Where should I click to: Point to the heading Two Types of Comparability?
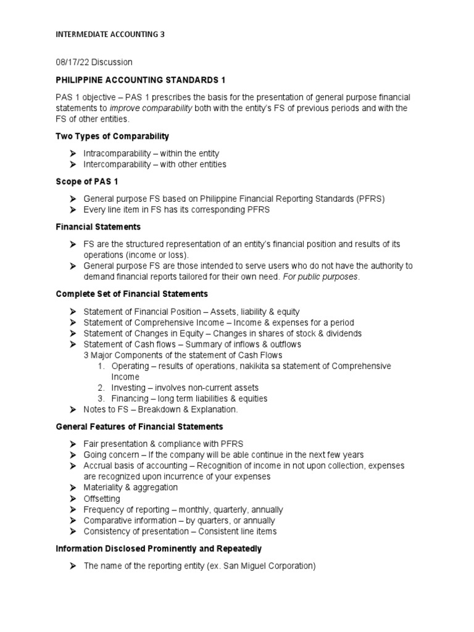click(112, 136)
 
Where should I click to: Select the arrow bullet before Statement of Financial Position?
click(72, 312)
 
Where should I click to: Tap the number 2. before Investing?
click(102, 388)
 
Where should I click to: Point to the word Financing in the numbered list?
click(130, 399)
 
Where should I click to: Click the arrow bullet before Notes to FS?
click(72, 409)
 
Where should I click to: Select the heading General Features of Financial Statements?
click(139, 426)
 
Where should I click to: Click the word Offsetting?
click(102, 499)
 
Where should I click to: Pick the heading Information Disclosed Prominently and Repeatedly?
click(159, 548)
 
